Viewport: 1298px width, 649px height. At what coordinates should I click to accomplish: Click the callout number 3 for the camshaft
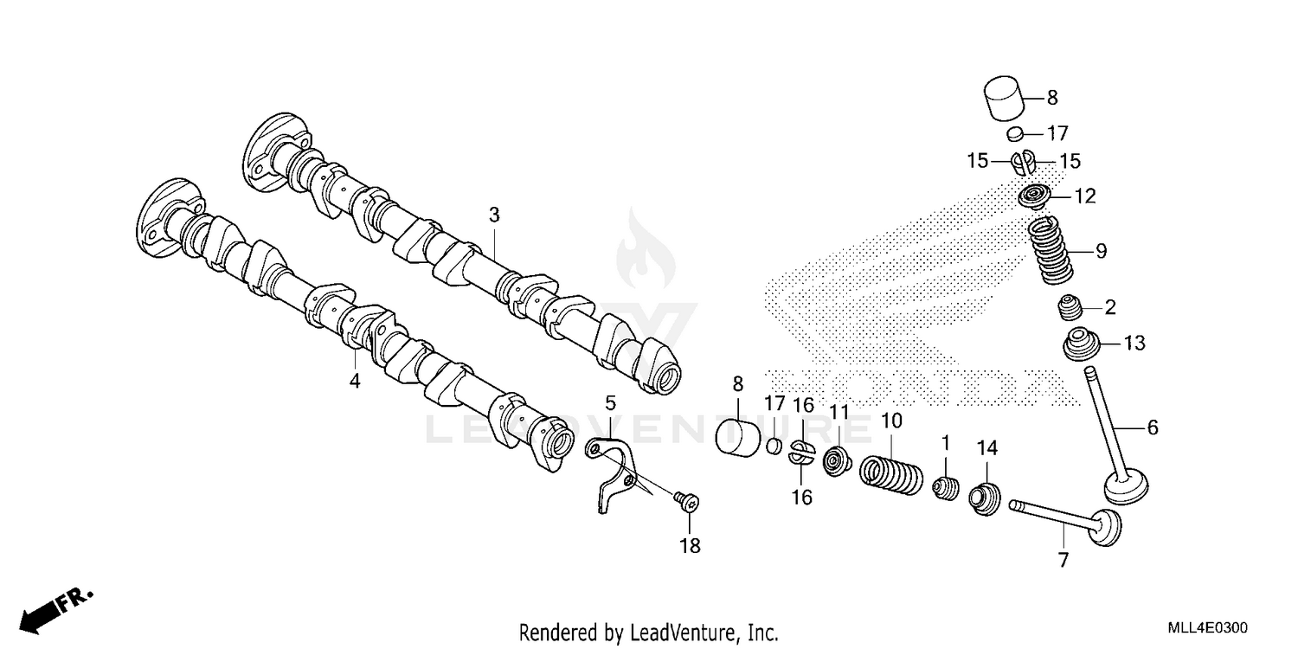pyautogui.click(x=494, y=215)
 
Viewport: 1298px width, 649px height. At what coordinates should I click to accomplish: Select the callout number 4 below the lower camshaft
pyautogui.click(x=354, y=381)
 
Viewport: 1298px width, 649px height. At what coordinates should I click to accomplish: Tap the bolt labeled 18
pyautogui.click(x=688, y=500)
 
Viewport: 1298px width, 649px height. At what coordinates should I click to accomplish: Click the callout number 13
pyautogui.click(x=1134, y=344)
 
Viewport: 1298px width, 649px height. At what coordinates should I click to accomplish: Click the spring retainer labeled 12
pyautogui.click(x=1036, y=197)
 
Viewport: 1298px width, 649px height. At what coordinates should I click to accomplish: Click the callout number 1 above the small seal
pyautogui.click(x=945, y=443)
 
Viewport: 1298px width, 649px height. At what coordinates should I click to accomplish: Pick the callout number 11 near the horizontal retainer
pyautogui.click(x=839, y=412)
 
